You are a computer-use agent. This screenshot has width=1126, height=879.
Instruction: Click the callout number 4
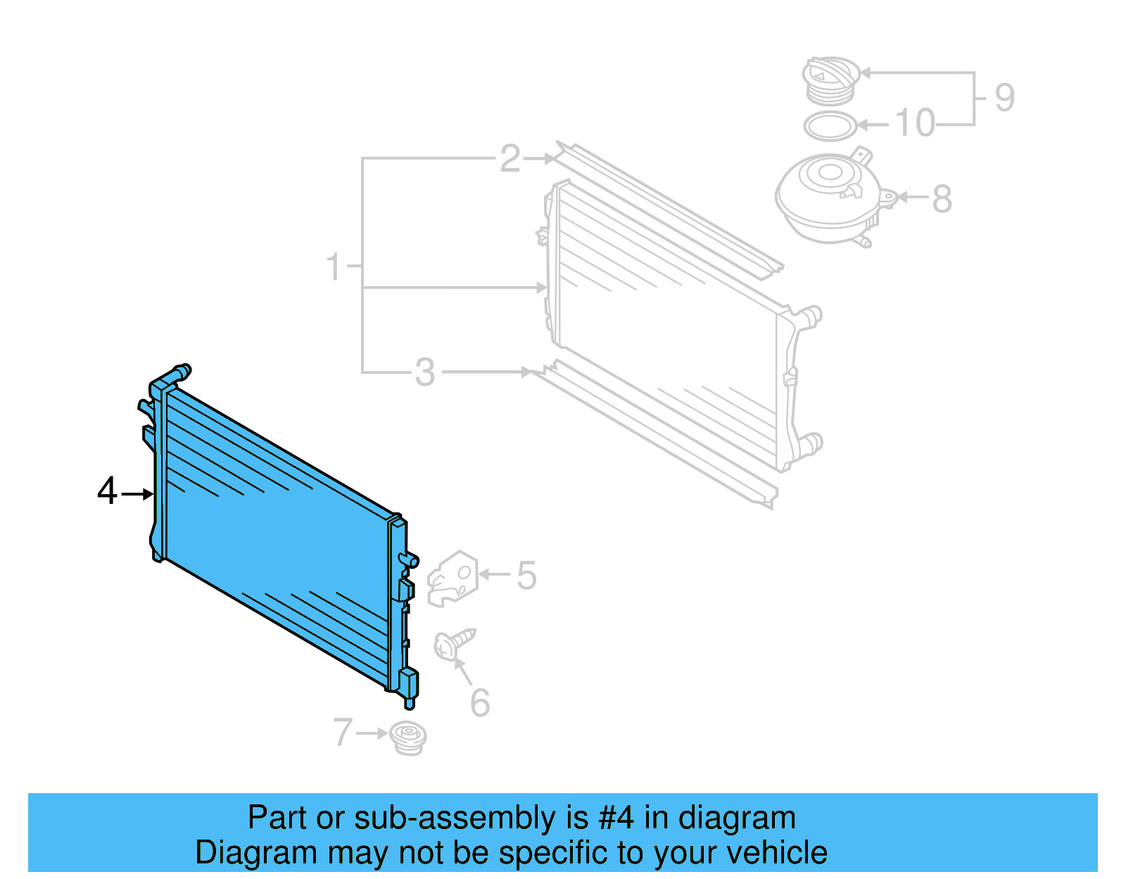(107, 491)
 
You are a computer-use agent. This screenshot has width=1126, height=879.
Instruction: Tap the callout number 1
(334, 267)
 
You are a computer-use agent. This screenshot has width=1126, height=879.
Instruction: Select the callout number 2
(510, 158)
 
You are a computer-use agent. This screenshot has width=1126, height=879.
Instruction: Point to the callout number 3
(425, 372)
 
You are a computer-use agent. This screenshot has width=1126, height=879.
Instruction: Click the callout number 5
(526, 576)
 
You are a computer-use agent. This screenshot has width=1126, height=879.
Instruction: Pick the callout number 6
(480, 702)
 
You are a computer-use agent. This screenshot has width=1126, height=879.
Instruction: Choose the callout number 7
(343, 732)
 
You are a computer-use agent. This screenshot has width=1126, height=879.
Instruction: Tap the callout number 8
(942, 198)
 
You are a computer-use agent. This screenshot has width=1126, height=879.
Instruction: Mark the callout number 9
(1004, 97)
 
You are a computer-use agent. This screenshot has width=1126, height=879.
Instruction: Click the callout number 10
(915, 123)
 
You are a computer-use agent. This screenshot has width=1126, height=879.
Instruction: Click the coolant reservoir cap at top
(831, 79)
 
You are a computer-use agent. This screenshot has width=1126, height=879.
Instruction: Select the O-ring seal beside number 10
(830, 127)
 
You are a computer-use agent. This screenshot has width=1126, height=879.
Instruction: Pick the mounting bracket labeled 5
(453, 578)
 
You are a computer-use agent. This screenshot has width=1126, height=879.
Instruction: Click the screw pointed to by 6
(454, 643)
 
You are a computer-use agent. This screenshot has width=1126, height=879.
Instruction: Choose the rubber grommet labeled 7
(408, 738)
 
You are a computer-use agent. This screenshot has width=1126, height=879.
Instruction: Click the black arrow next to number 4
(137, 495)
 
